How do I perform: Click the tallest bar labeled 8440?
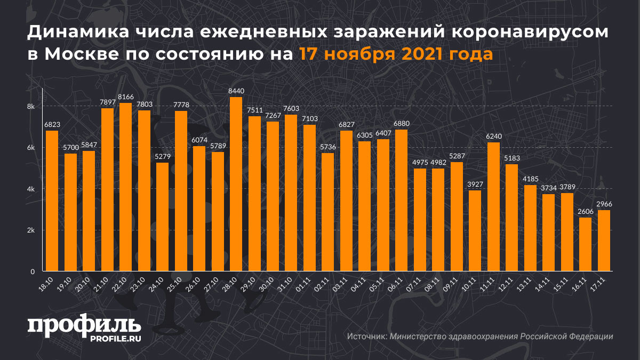pos(236,184)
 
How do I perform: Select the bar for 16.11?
pos(585,244)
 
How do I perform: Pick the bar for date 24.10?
pos(162,217)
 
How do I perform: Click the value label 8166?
pos(125,97)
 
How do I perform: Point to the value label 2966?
pos(604,204)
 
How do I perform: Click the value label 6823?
pos(52,125)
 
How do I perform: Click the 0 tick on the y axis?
pos(33,271)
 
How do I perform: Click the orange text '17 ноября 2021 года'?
pos(396,54)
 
